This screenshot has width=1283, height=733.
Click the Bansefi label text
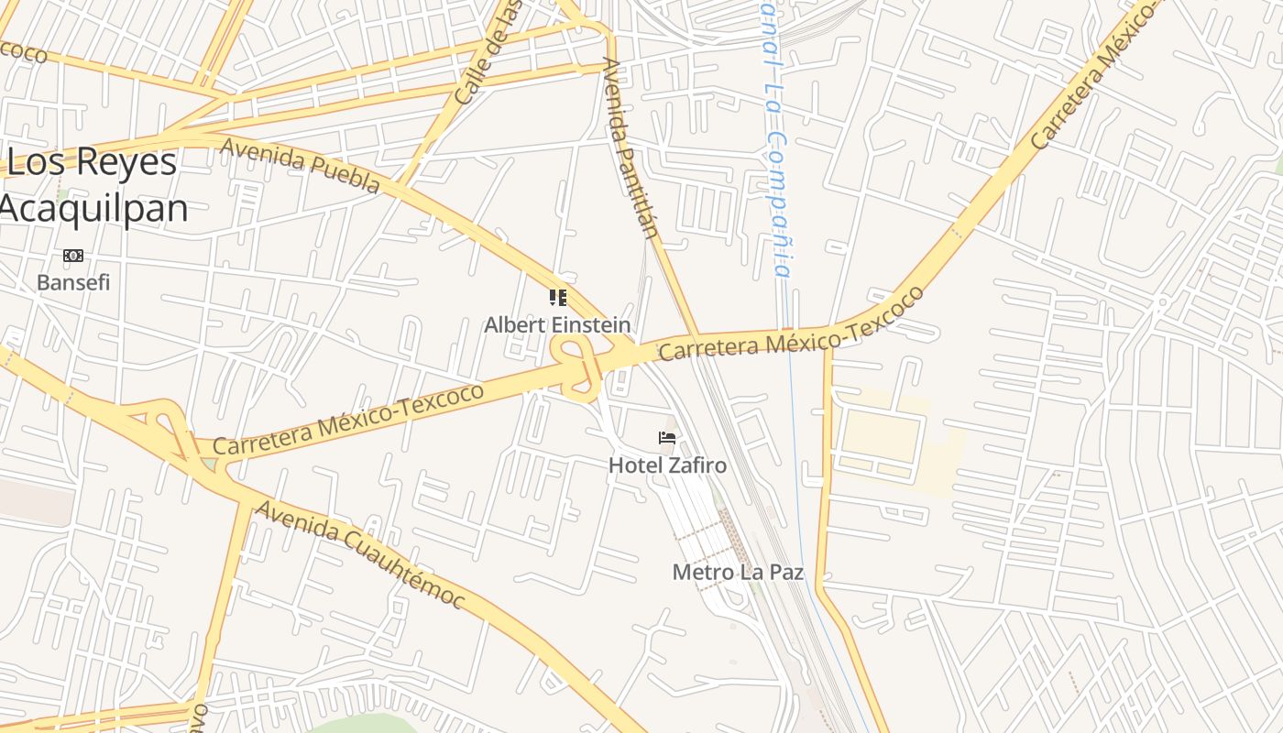pos(73,282)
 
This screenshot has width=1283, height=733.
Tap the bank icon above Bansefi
pos(73,256)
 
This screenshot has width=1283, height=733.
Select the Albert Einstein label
pos(557,325)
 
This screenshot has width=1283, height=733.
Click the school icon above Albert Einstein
pos(558,298)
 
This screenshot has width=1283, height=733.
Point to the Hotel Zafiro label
pos(667,465)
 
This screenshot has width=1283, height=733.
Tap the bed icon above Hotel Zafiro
pos(667,438)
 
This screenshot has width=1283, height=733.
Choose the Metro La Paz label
pos(738,573)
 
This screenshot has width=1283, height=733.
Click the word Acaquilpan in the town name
pos(94,209)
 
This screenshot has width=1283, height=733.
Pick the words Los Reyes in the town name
pos(92,162)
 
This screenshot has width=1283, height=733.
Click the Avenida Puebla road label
pos(300,166)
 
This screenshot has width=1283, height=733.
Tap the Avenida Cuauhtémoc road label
pos(359,555)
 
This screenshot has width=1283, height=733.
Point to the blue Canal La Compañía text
pos(775,137)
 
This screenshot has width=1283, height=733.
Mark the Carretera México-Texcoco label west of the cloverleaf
pos(348,419)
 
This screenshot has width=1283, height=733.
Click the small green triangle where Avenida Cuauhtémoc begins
pos(211,465)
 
